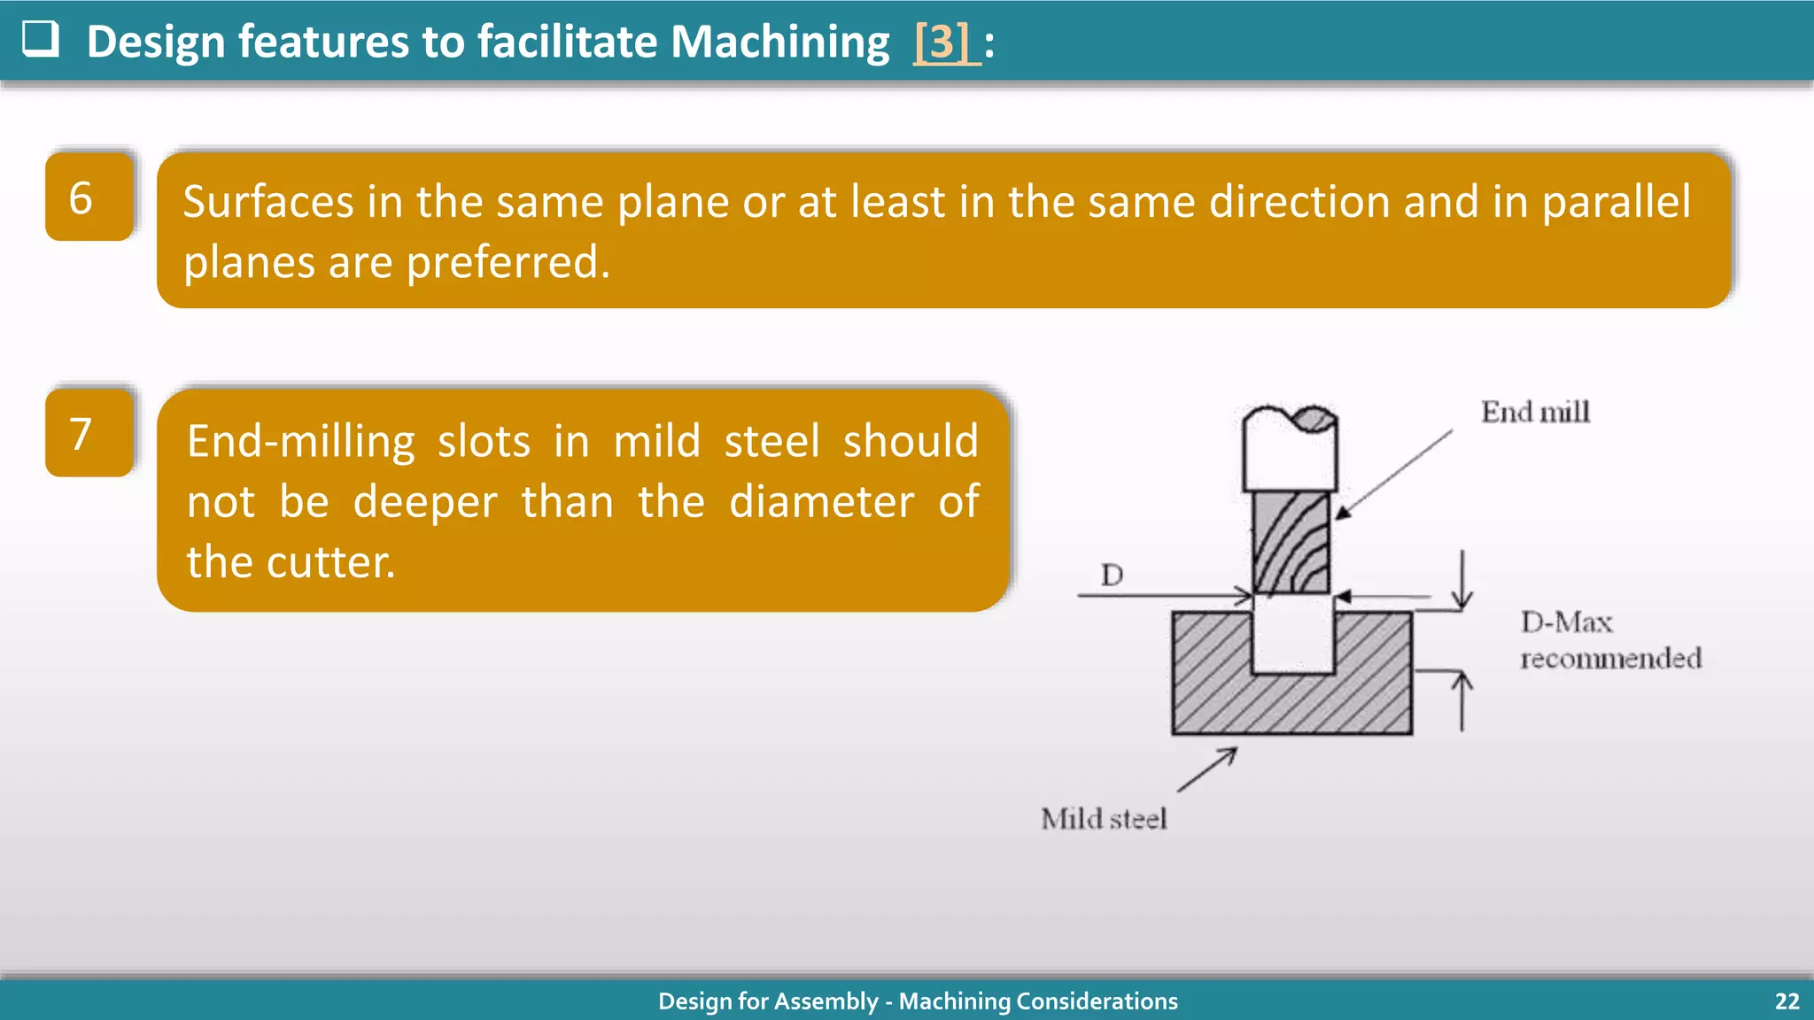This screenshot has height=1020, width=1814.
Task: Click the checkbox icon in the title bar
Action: coord(40,39)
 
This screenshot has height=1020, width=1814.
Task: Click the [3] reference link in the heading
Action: coord(945,42)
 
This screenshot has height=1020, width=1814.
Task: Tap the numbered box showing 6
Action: coord(89,197)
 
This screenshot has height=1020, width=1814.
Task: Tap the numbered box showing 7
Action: coord(89,433)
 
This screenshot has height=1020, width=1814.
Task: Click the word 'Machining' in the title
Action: coord(779,42)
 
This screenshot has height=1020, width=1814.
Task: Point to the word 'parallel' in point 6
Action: coord(1616,202)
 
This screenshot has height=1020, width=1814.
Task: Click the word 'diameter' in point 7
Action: coord(821,502)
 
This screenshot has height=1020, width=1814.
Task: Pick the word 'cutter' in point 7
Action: coord(329,562)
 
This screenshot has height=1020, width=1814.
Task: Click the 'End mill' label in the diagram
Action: coord(1535,412)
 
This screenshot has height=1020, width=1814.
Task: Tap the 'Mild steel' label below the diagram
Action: coord(1104,819)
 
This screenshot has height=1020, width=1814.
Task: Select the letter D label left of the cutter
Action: coord(1112,576)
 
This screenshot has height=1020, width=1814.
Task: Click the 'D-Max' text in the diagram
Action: coord(1566,622)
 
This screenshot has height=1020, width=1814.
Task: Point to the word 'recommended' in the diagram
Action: coord(1610,659)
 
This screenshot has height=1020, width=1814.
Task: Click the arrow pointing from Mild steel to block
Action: coord(1206,769)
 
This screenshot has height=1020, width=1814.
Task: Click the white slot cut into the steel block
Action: coord(1292,637)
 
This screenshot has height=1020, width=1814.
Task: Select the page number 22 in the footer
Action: coord(1787,1001)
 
